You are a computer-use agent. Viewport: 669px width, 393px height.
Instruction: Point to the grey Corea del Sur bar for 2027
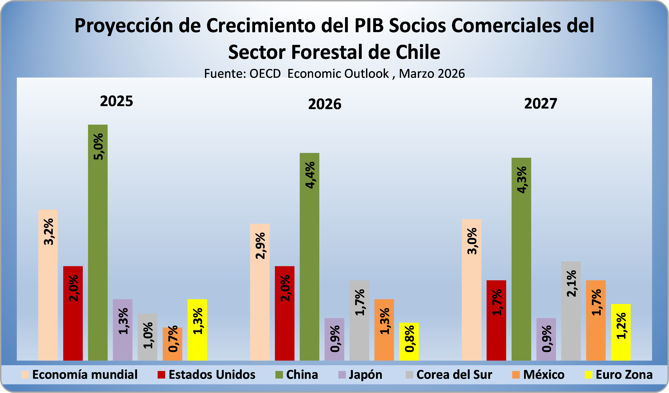571,311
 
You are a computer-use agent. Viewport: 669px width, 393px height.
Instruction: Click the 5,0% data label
98,147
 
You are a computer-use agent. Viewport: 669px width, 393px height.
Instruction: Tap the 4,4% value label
310,175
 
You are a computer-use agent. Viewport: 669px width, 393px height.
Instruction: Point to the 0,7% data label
173,339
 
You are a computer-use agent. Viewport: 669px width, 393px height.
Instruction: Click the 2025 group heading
116,101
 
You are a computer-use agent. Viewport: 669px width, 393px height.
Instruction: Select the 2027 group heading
540,104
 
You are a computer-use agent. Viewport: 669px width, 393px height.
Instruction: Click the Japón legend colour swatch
342,375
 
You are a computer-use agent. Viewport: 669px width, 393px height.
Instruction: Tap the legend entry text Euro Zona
624,375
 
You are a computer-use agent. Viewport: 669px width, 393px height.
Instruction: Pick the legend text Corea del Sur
454,375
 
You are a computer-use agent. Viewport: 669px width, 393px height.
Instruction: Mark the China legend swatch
279,375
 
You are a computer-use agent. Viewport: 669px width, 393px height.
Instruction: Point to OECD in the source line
265,74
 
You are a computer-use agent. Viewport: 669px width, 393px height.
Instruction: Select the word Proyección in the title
124,26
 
